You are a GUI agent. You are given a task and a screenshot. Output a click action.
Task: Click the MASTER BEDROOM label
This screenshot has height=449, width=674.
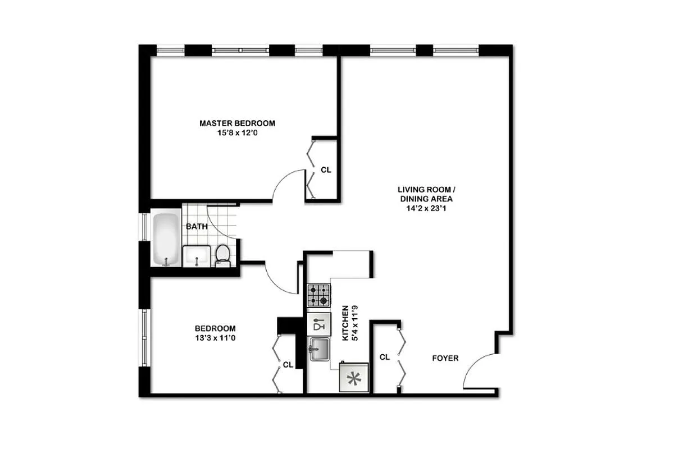[x=238, y=123]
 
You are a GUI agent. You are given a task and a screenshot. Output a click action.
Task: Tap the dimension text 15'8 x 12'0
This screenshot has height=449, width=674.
[x=238, y=134]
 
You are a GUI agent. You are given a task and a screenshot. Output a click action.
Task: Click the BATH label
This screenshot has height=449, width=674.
[x=197, y=227]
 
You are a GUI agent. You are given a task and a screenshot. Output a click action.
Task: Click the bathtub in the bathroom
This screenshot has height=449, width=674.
[x=166, y=239]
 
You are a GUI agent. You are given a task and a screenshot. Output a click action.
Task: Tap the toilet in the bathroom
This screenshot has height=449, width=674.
[x=223, y=254]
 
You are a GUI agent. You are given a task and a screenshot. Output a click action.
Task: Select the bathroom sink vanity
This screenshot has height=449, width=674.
[x=197, y=256]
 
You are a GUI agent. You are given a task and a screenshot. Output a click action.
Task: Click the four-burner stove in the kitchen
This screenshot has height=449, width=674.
[x=318, y=296]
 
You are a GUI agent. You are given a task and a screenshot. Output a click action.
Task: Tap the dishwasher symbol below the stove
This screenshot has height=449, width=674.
[x=318, y=324]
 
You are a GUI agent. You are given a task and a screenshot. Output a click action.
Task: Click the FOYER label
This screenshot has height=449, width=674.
[x=445, y=358]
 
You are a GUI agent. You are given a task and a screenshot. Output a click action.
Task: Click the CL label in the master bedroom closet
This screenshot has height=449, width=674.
[x=325, y=169]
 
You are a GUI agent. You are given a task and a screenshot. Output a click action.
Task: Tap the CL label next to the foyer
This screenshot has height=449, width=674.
[x=385, y=357]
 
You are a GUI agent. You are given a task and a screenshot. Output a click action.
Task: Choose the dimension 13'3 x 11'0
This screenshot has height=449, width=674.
[x=215, y=338]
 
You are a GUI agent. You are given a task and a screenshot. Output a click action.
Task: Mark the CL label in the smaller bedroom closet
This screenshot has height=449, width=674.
[x=288, y=365]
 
